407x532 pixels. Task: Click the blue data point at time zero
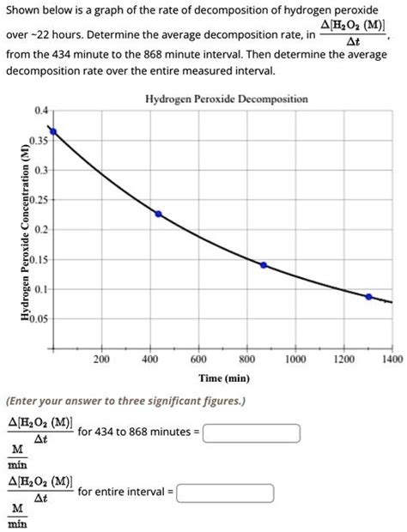(x=53, y=131)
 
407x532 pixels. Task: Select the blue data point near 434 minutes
(x=157, y=214)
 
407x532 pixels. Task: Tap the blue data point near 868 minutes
(x=263, y=265)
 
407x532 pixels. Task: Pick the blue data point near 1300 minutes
(x=369, y=297)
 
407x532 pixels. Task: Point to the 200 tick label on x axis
(x=101, y=360)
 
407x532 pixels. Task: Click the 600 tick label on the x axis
(x=198, y=360)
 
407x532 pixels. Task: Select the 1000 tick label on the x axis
(x=295, y=360)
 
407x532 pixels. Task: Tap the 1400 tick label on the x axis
(x=391, y=360)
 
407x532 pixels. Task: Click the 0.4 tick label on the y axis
(x=41, y=112)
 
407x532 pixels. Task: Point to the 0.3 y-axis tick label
(x=41, y=171)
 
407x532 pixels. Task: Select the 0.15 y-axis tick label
(x=39, y=259)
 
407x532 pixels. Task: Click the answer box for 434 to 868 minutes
(x=251, y=432)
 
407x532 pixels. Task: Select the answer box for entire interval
(x=225, y=493)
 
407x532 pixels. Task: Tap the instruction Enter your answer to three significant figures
(x=125, y=400)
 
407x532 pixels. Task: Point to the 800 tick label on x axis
(x=246, y=360)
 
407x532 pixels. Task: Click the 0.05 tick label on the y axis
(x=39, y=318)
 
